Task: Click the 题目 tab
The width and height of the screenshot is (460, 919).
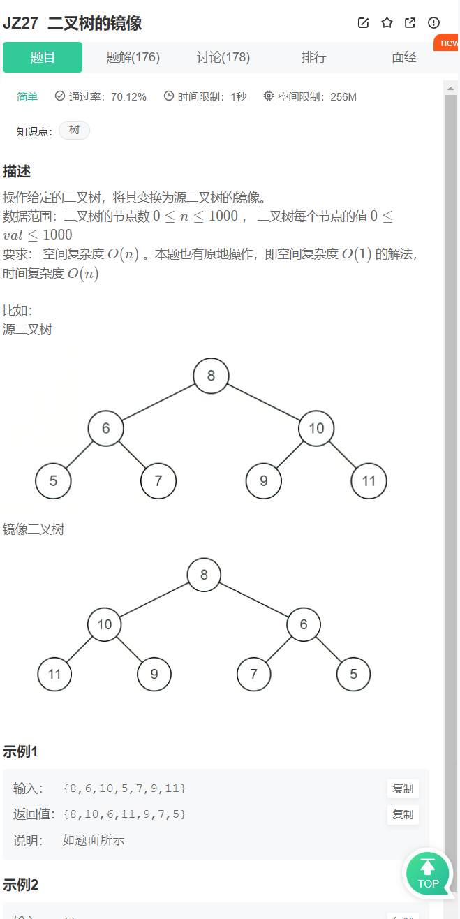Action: pyautogui.click(x=43, y=57)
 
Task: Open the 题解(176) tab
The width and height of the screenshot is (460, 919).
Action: pyautogui.click(x=133, y=57)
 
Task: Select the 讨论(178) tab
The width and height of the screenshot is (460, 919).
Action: pyautogui.click(x=223, y=57)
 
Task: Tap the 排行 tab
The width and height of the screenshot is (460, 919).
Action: pyautogui.click(x=313, y=57)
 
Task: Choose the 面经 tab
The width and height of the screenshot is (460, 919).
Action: pyautogui.click(x=404, y=57)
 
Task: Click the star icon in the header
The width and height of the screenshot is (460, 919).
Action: pyautogui.click(x=387, y=23)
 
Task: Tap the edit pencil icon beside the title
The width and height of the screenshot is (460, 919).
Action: pyautogui.click(x=363, y=23)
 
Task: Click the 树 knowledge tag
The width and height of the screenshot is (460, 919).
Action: pyautogui.click(x=74, y=131)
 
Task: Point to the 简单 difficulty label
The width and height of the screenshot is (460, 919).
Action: pyautogui.click(x=27, y=97)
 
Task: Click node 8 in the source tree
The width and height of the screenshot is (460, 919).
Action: pyautogui.click(x=211, y=376)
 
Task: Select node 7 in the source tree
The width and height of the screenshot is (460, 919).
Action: pyautogui.click(x=158, y=480)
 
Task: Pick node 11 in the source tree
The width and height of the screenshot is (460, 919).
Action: pyautogui.click(x=369, y=480)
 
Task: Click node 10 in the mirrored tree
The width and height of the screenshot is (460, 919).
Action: pyautogui.click(x=105, y=624)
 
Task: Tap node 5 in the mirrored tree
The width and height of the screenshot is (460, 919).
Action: pyautogui.click(x=353, y=674)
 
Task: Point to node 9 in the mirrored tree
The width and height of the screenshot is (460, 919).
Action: pyautogui.click(x=154, y=674)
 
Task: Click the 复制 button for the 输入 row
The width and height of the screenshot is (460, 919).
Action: pyautogui.click(x=403, y=788)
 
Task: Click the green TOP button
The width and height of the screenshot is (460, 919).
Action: pyautogui.click(x=428, y=874)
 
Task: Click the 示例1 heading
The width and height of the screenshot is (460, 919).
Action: pyautogui.click(x=20, y=751)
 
